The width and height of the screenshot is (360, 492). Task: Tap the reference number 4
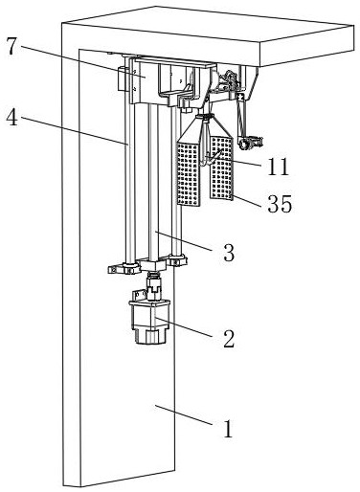[11, 117]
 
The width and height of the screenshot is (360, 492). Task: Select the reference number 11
[279, 167]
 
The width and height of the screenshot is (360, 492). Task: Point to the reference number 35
[280, 204]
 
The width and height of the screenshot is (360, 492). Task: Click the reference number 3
[229, 253]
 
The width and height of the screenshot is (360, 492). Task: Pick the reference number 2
[229, 339]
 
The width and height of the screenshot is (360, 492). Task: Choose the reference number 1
[228, 429]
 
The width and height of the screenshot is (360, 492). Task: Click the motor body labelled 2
[149, 322]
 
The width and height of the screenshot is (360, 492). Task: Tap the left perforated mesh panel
[189, 173]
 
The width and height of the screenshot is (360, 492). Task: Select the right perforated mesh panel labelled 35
[221, 168]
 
